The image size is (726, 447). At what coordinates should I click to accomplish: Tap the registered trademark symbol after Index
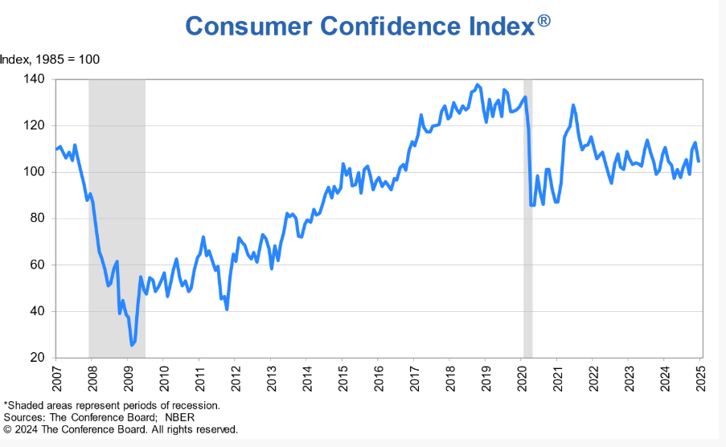544,21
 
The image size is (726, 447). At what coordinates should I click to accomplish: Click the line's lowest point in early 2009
132,345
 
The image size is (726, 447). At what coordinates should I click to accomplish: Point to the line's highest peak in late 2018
478,84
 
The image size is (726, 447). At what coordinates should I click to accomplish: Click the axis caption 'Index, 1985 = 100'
50,59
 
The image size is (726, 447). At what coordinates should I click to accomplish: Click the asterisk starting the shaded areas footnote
6,404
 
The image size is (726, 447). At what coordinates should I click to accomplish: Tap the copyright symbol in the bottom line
8,429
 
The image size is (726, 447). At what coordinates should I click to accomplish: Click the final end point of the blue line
699,161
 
